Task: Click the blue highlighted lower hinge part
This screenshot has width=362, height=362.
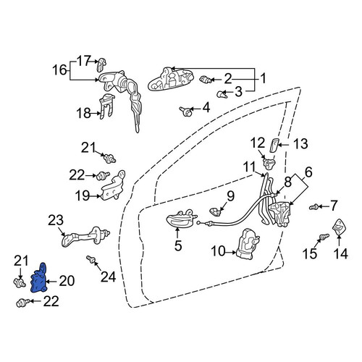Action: coord(39,279)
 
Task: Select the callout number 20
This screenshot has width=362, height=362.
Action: coord(67,281)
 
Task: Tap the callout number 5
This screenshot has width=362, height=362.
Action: coord(178,245)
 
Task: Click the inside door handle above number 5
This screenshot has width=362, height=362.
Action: coord(182,219)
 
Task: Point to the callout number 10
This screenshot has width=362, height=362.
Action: coord(219,251)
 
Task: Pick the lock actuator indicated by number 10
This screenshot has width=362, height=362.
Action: coord(248,244)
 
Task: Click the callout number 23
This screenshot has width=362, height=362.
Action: coord(56,220)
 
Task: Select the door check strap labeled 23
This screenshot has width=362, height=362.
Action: coord(85,237)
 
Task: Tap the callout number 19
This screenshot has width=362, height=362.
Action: coord(83,195)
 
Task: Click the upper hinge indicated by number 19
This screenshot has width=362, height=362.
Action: coord(113,185)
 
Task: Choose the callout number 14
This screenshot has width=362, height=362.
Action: coord(341,253)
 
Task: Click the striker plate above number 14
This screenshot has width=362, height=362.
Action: coord(339,227)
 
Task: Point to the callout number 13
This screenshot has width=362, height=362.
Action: coord(300,144)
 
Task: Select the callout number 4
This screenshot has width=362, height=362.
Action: coord(206,108)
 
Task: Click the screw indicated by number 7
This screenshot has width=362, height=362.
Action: coord(313,207)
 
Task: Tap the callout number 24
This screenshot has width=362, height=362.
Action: coord(109,277)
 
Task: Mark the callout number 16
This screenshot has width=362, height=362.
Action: coord(59,70)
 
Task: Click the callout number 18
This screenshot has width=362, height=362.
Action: coord(83,113)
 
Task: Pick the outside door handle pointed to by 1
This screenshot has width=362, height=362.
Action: coord(171,80)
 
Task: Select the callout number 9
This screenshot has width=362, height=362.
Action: coord(230,196)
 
